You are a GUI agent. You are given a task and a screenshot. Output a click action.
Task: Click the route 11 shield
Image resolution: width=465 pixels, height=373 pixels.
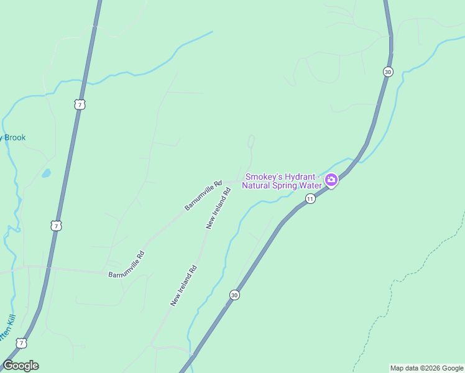(310, 198)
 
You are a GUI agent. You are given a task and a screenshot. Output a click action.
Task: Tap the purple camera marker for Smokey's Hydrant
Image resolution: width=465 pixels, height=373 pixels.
(331, 180)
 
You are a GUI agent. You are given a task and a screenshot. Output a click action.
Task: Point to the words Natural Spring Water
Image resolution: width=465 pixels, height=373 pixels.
(282, 185)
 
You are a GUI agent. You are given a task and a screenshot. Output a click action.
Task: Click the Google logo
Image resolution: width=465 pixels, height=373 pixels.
(21, 366)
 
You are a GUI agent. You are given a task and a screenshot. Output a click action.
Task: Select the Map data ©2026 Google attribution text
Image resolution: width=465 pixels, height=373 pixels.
(426, 368)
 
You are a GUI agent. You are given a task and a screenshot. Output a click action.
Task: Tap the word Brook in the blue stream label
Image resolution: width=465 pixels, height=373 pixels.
(15, 137)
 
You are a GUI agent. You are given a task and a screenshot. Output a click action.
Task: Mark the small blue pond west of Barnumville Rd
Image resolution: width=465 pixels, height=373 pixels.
(46, 174)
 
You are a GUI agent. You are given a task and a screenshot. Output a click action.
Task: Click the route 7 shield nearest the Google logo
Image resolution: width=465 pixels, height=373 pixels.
(22, 343)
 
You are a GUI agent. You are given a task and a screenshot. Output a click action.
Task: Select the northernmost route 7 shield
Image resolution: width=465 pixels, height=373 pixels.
(79, 104)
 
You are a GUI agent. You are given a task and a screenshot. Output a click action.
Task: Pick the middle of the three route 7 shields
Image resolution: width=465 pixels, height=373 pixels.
(57, 226)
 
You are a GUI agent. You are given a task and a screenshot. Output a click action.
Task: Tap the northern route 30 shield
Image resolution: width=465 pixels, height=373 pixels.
(388, 71)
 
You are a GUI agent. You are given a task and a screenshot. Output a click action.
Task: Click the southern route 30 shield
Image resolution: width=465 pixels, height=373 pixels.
(234, 295)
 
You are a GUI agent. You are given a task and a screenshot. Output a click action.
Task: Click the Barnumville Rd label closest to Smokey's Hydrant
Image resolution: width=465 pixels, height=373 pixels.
(203, 195)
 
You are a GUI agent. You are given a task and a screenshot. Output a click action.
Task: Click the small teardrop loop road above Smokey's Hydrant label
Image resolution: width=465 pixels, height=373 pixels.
(251, 142)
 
